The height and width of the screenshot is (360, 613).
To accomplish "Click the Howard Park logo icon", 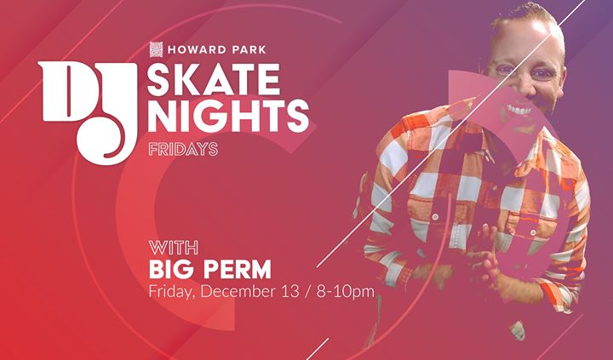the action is point(156,49).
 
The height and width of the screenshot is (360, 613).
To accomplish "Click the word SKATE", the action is point(214,79).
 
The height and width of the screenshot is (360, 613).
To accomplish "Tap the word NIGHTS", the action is point(228,116).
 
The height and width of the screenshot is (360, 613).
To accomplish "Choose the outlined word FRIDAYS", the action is point(183,149).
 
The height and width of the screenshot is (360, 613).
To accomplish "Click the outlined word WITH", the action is point(173,248).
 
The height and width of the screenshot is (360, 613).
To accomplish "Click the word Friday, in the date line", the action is point(172,293).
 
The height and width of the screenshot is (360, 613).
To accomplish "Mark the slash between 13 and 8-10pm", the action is point(308,292).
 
